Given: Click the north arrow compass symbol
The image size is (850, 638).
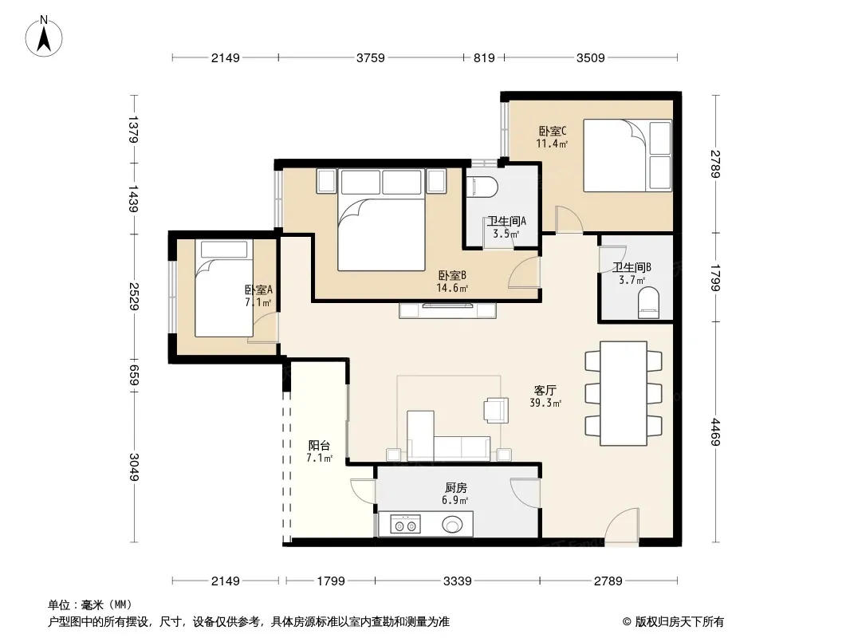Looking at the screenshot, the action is (44, 37).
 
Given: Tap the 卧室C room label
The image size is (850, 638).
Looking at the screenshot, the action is (553, 131).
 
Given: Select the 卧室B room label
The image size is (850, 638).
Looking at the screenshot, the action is (452, 275).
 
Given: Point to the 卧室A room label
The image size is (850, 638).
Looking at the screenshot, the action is (258, 289).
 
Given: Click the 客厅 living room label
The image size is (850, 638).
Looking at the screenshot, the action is (545, 390).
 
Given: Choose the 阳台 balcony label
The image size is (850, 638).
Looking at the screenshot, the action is (319, 446).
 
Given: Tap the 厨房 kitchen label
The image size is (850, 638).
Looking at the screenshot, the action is (455, 488).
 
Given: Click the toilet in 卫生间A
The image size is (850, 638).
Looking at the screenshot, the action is (482, 186).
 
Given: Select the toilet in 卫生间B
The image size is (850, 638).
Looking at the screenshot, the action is (649, 303).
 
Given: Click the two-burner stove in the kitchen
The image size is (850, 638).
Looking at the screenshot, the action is (406, 526).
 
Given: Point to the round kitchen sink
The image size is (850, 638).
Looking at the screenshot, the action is (453, 525).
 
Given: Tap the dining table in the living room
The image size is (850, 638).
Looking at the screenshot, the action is (624, 393).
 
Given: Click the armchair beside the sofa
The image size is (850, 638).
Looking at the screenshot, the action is (497, 410).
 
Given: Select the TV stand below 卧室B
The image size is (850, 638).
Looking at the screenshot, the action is (448, 310).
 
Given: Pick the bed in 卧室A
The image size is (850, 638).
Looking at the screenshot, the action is (224, 289).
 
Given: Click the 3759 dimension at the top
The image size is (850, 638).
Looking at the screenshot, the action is (371, 57).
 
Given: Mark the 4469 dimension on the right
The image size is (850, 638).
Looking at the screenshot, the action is (715, 432).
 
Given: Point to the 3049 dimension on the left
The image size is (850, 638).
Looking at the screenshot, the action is (134, 467).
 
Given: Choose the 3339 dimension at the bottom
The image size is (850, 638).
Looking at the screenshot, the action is (457, 581).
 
